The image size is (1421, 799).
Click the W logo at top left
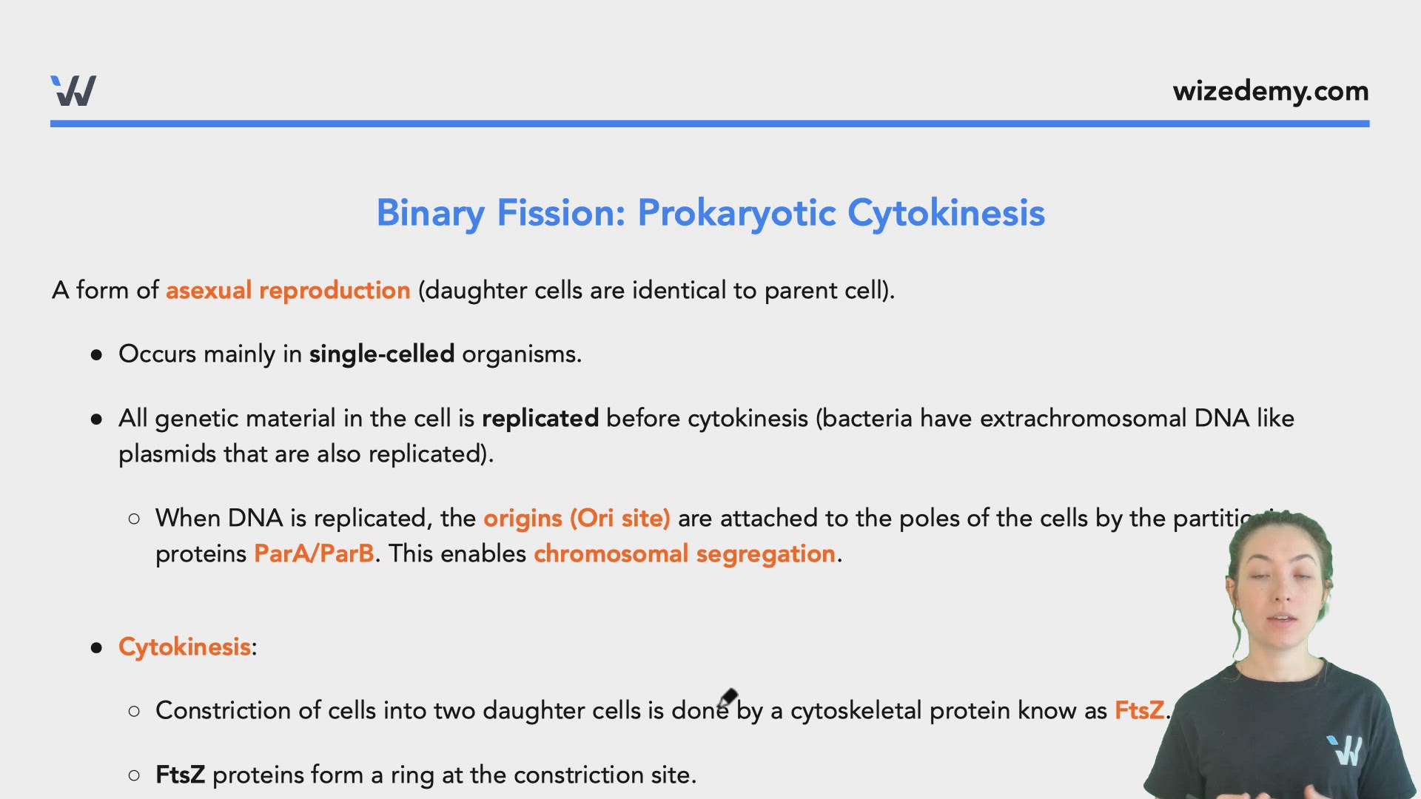[x=73, y=91]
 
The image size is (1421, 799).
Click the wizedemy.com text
[x=1270, y=92]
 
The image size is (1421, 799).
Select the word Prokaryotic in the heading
[x=737, y=213]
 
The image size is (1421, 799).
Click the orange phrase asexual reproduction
[x=288, y=291]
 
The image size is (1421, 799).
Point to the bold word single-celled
[x=382, y=354]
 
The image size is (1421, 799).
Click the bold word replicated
[x=540, y=419]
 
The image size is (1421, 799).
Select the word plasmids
[x=167, y=454]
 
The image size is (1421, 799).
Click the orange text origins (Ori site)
[x=577, y=519]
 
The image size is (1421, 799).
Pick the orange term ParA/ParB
[x=314, y=554]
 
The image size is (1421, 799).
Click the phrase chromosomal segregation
[x=685, y=554]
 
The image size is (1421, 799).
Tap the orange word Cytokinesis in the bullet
[x=184, y=647]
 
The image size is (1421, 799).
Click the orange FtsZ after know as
[x=1139, y=711]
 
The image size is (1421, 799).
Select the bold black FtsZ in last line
[x=180, y=775]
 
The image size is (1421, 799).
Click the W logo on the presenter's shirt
[x=1346, y=750]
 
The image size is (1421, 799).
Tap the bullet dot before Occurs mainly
[x=96, y=355]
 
